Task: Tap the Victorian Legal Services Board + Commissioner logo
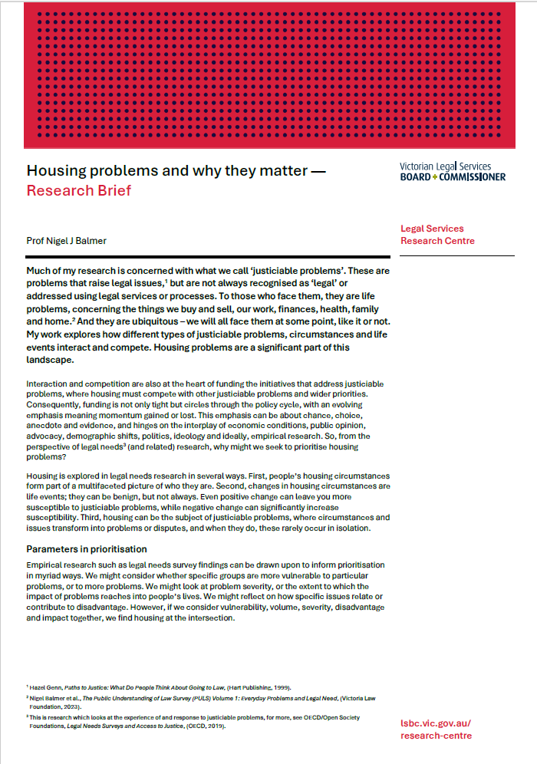pos(453,171)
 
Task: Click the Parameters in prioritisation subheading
pos(86,549)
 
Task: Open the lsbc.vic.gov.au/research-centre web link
pos(436,729)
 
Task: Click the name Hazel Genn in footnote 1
pos(48,687)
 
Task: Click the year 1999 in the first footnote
pos(287,687)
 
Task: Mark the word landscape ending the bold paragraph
pos(52,359)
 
